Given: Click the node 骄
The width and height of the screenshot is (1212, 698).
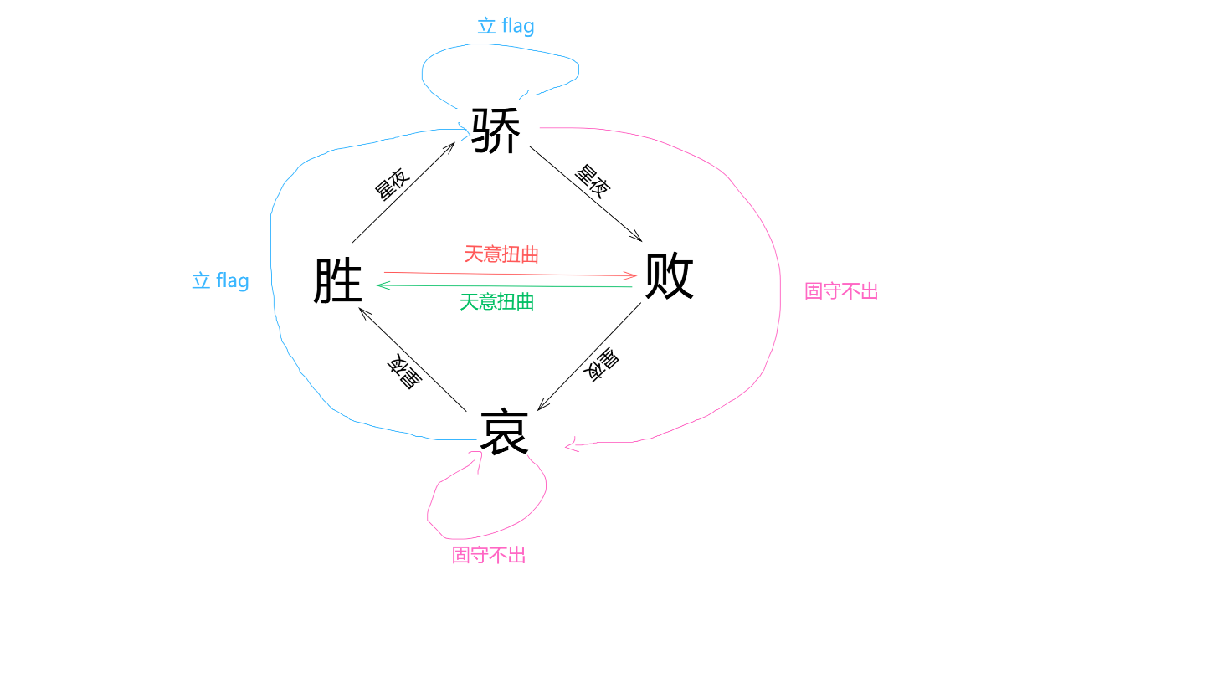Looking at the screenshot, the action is [496, 131].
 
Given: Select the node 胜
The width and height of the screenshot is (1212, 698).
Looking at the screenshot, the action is [337, 280].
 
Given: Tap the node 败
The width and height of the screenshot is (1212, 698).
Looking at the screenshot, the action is [670, 276].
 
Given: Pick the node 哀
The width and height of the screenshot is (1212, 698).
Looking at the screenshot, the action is [504, 432].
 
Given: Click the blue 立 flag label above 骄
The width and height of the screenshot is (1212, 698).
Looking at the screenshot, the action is [506, 25].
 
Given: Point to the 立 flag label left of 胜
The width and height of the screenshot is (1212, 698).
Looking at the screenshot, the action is [220, 280].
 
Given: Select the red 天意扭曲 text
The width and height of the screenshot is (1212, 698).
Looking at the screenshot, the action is [501, 254].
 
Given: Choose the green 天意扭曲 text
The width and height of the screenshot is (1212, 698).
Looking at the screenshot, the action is [496, 302].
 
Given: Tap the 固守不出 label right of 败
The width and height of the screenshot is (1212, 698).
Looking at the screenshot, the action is [841, 291].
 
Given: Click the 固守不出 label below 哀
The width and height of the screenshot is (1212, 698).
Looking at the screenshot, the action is [489, 555].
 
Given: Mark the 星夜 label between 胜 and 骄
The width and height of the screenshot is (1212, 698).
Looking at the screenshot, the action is [393, 184].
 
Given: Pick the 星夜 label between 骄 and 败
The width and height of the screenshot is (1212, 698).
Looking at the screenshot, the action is [593, 182].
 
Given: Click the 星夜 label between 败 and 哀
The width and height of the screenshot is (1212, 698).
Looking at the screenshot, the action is [601, 365].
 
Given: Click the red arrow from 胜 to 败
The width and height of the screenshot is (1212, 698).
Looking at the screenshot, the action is [511, 275].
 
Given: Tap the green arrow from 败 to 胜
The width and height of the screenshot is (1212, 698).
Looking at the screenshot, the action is [504, 285].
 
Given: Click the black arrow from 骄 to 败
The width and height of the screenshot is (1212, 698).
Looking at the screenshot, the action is [585, 193].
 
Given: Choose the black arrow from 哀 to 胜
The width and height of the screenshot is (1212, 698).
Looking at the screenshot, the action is [413, 359].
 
